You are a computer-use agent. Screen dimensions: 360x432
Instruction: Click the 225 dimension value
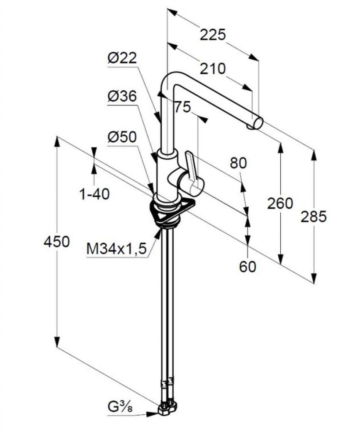coord(212,35)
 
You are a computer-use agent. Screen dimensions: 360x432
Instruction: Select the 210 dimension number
coord(212,69)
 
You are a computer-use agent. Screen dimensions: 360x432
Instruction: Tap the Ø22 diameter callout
coord(122,58)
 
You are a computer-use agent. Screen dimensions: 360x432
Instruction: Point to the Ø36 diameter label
coord(122,97)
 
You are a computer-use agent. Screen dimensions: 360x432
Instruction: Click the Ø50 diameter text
coord(122,137)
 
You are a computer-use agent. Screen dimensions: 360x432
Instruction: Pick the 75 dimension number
coord(183,107)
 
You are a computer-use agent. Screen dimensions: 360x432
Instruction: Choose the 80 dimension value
coord(238,163)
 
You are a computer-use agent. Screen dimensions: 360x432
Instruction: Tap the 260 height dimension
coord(280,203)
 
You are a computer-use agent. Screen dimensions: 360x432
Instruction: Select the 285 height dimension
coord(314,216)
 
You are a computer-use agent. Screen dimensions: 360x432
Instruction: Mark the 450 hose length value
coord(57,242)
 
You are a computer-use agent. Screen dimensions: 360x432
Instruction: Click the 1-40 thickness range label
coord(94,194)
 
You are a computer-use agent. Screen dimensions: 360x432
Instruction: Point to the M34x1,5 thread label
coord(116,249)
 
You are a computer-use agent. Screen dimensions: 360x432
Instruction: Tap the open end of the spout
coord(258,123)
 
